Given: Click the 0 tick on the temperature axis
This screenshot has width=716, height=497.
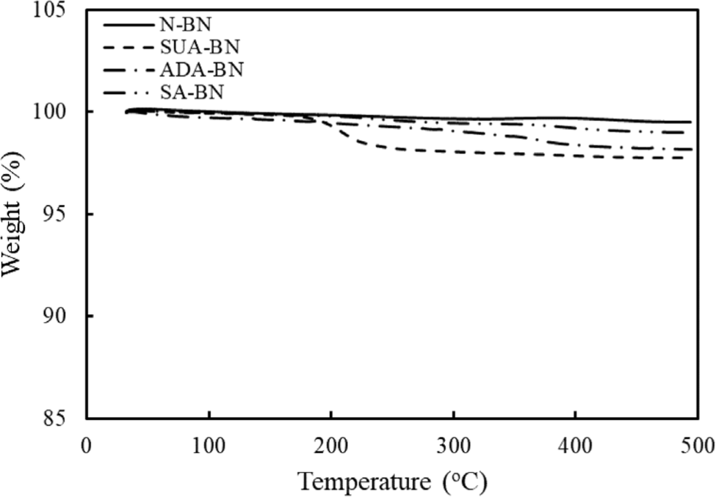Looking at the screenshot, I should click(x=87, y=445).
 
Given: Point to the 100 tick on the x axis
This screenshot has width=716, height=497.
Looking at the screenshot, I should click(x=209, y=445).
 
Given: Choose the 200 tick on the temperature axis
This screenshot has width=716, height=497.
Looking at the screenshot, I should click(x=331, y=445).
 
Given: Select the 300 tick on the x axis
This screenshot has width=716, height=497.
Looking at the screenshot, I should click(x=454, y=445).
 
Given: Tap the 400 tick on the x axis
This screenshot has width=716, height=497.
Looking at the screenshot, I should click(x=576, y=445).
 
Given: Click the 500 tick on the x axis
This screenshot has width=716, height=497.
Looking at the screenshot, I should click(x=696, y=445).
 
